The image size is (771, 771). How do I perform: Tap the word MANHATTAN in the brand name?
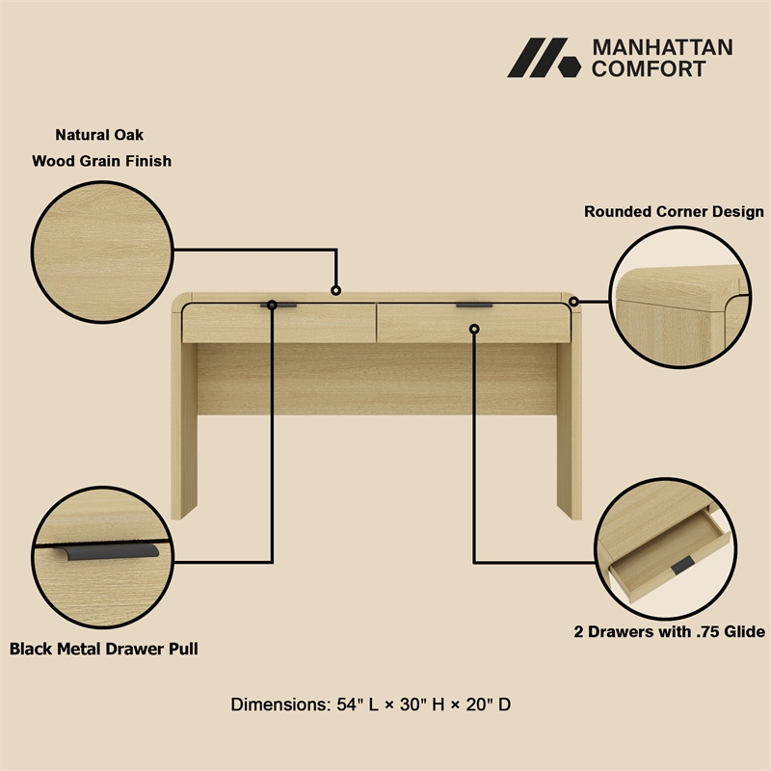(x=661, y=47)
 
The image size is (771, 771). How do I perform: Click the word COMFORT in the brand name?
(x=648, y=68)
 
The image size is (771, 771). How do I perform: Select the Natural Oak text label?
(x=99, y=135)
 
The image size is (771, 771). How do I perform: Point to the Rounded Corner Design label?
(x=674, y=211)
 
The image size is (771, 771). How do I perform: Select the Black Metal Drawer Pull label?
(x=104, y=648)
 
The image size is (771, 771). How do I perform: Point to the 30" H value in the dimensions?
(x=425, y=705)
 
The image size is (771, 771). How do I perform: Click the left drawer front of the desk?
(x=279, y=324)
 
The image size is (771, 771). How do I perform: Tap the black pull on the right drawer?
(x=474, y=306)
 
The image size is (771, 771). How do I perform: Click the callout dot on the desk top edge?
(x=335, y=290)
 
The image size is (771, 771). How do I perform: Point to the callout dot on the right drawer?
(x=474, y=330)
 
